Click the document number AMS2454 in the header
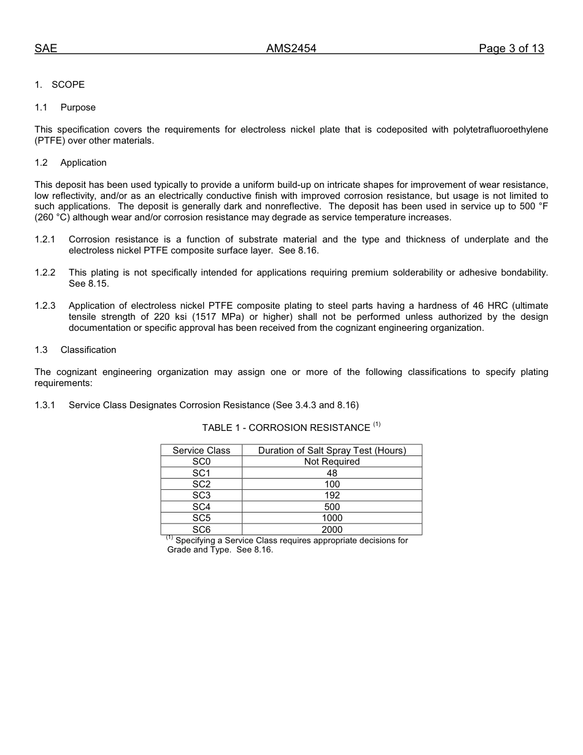(x=291, y=48)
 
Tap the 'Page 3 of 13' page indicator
(x=511, y=48)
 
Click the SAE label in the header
(x=45, y=48)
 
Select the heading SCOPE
(x=68, y=85)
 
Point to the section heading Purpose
(x=78, y=107)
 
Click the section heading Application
(x=83, y=163)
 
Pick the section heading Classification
(x=88, y=350)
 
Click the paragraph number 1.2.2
(x=45, y=273)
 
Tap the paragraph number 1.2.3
(x=45, y=306)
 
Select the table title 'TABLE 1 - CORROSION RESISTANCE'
(x=286, y=428)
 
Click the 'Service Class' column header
(x=201, y=451)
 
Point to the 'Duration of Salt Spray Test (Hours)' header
(x=332, y=451)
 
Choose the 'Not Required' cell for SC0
(x=332, y=462)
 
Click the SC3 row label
(x=201, y=495)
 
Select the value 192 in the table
(x=332, y=495)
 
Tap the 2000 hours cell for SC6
(x=332, y=529)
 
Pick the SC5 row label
(x=201, y=518)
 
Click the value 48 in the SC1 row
(x=332, y=473)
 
